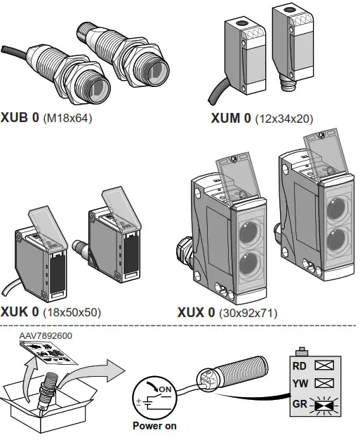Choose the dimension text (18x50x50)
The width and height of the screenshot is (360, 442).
73,312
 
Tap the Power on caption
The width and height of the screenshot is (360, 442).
154,425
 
